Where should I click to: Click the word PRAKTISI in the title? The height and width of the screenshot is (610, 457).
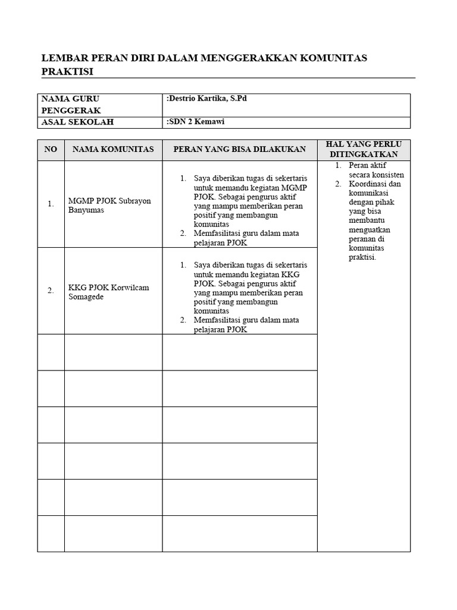click(x=68, y=71)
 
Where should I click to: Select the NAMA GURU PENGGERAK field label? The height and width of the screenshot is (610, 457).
click(x=70, y=104)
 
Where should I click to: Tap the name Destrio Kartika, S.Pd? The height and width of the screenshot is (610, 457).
click(x=207, y=98)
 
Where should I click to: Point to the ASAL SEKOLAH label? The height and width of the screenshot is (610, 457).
click(x=77, y=123)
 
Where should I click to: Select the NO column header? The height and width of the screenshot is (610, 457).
click(x=51, y=149)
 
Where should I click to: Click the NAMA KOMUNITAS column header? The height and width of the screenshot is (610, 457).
click(x=113, y=149)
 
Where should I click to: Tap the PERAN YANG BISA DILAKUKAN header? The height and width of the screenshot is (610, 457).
click(x=239, y=149)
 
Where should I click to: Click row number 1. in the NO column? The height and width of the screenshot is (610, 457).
click(x=51, y=204)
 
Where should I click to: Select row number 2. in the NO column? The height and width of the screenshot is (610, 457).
click(x=51, y=291)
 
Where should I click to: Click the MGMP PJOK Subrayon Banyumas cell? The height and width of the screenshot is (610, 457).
click(x=109, y=206)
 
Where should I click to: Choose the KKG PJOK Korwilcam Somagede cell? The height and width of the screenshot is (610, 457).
click(x=108, y=292)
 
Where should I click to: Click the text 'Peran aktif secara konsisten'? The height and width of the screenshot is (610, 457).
click(x=376, y=170)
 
